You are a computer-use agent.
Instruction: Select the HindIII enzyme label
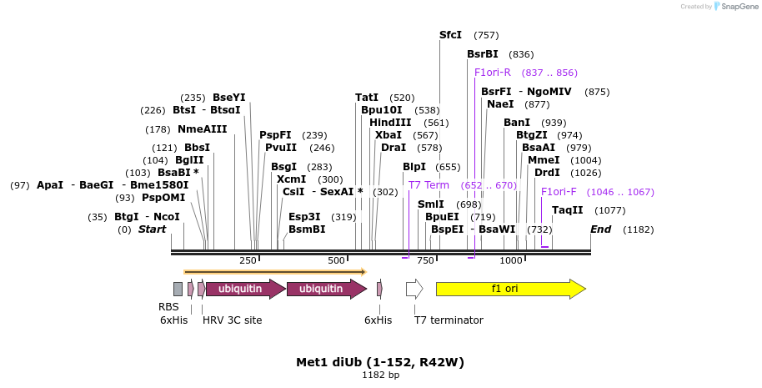[390, 123]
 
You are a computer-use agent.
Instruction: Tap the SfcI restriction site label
[450, 35]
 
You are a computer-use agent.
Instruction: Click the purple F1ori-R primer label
[492, 73]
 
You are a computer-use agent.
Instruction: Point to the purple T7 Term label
[429, 185]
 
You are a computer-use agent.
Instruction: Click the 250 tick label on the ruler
[248, 261]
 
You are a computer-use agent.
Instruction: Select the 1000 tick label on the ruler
[511, 261]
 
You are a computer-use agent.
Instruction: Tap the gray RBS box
[178, 289]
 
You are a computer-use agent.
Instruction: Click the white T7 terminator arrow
[414, 289]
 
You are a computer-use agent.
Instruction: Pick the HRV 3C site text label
[233, 320]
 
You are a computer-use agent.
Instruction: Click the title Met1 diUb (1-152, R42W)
[380, 362]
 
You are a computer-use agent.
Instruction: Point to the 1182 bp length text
[380, 375]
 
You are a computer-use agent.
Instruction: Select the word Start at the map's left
[153, 229]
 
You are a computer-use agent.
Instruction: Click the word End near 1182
[601, 229]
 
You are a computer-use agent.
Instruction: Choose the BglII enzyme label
[189, 160]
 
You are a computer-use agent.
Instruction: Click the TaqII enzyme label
[568, 210]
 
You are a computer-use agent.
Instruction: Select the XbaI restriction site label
[388, 135]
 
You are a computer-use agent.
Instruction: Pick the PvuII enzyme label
[281, 148]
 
